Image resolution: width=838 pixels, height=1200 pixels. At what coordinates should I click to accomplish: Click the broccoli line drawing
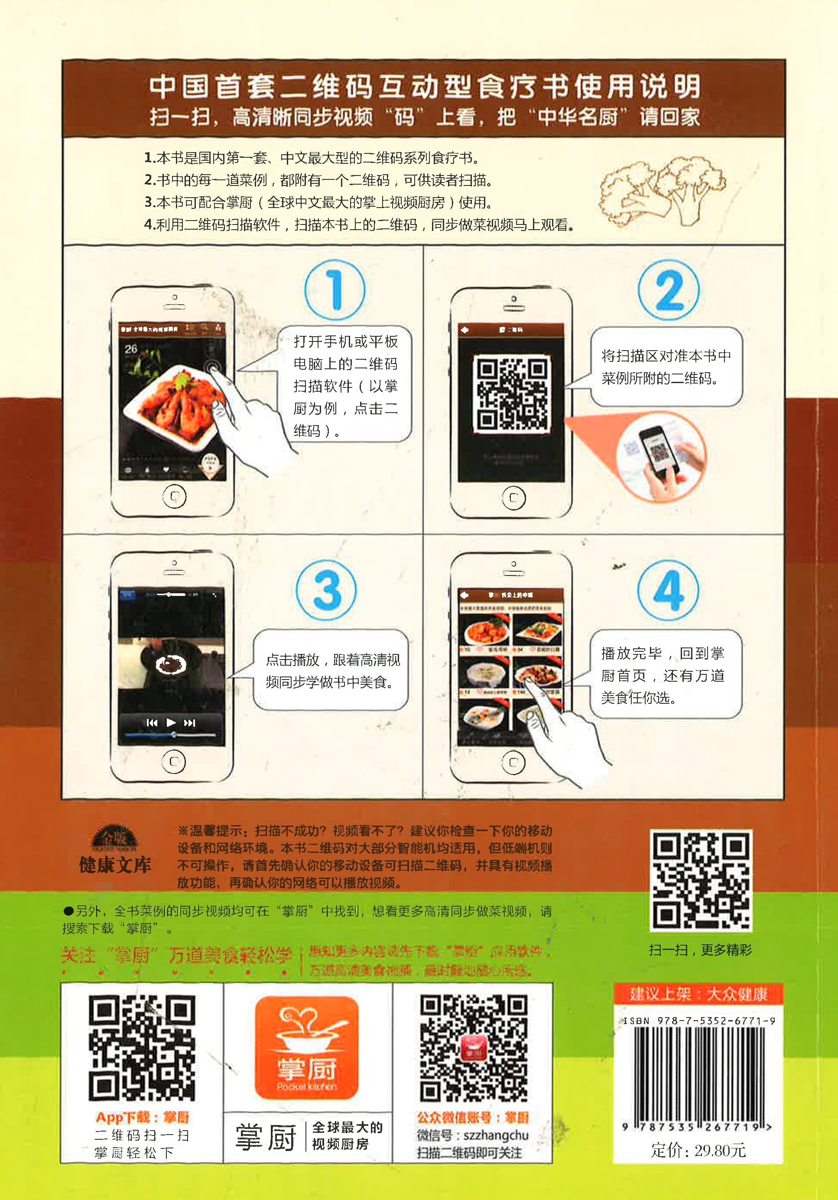[662, 191]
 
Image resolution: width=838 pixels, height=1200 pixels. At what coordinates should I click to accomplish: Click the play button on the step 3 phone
[171, 723]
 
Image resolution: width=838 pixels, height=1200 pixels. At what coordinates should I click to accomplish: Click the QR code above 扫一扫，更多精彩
[701, 881]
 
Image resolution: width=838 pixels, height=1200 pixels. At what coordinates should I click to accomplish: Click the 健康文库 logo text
[115, 865]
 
